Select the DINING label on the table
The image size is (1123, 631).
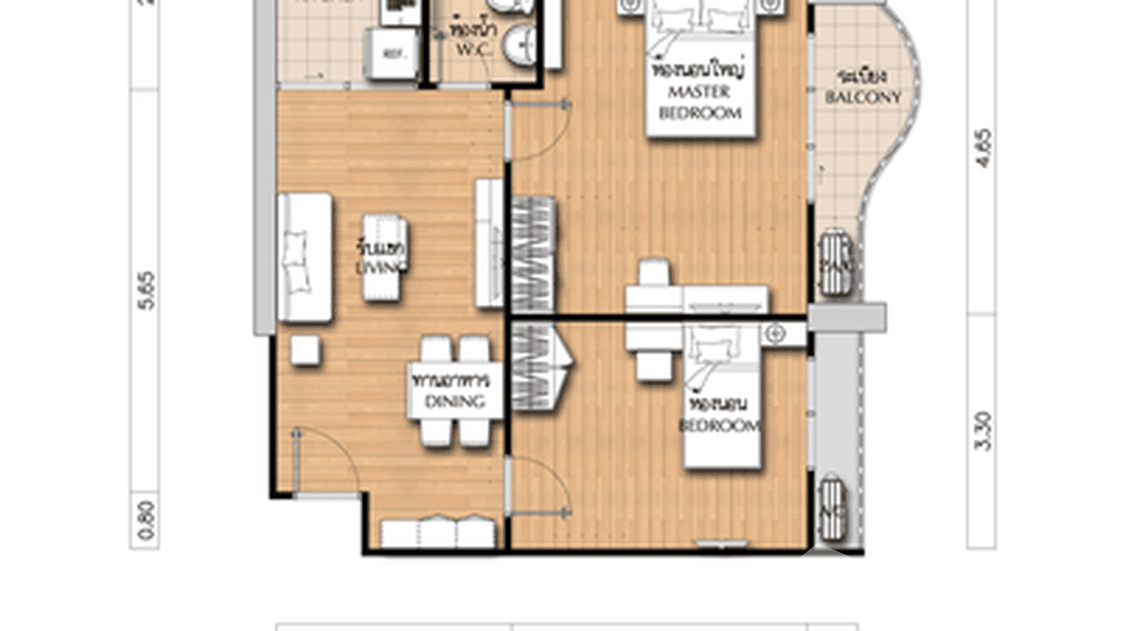coord(454,392)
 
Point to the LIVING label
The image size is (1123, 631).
coord(381,258)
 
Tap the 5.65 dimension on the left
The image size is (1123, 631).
coord(146,290)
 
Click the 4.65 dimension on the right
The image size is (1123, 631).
coord(982,148)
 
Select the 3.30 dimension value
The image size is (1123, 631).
coord(982,431)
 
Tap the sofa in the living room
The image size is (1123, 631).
coord(304,258)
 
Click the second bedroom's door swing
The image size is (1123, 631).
coord(539,486)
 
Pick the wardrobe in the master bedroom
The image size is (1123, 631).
coord(533,254)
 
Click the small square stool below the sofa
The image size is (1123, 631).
coord(305,351)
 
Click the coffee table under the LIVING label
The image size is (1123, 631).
coord(385,258)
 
